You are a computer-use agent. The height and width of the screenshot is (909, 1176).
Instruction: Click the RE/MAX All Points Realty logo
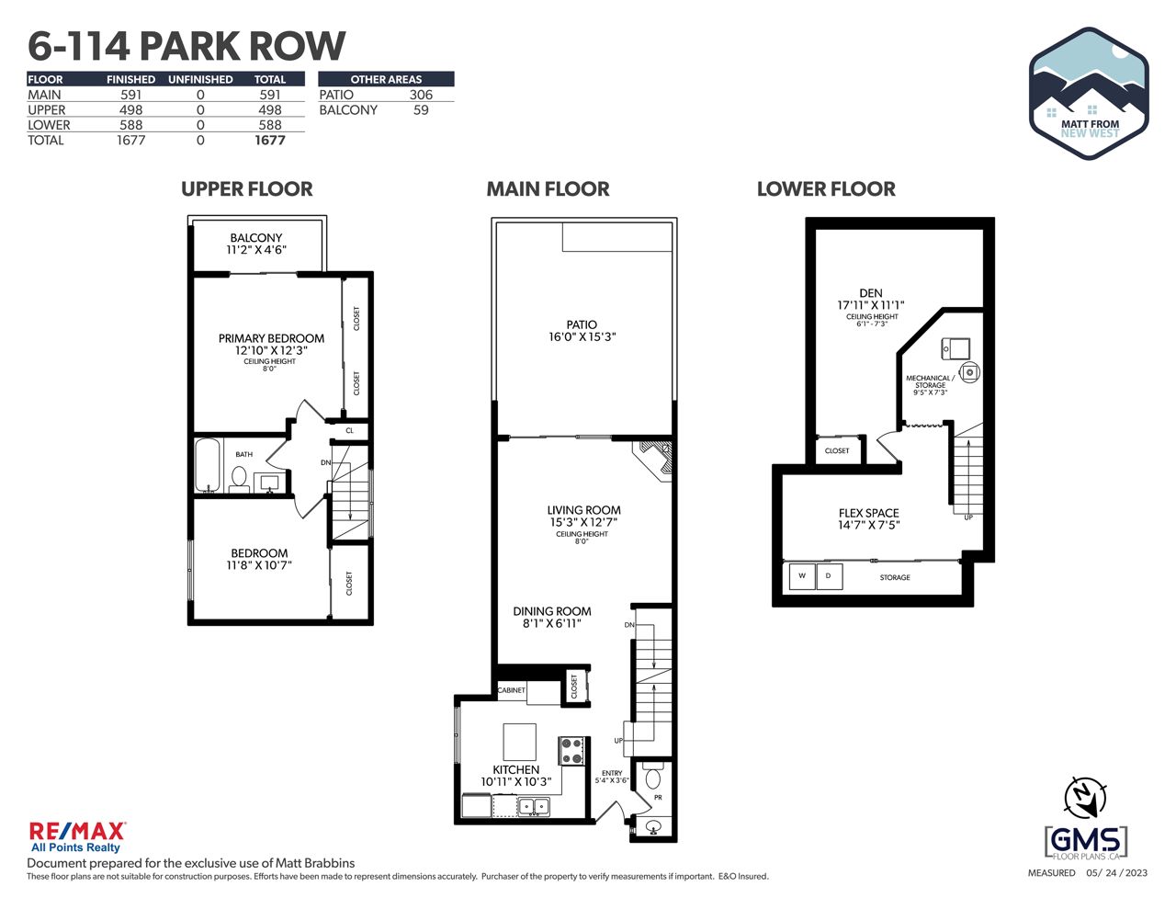tap(77, 836)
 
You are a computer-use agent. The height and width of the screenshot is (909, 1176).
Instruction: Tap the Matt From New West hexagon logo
tap(1089, 93)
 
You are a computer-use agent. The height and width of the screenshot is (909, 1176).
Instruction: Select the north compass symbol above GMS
tap(1084, 798)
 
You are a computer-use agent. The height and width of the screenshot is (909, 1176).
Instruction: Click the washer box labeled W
tap(801, 576)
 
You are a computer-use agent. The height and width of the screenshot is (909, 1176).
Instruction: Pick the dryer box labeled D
tap(829, 576)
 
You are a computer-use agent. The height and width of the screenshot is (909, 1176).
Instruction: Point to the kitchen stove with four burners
tap(571, 751)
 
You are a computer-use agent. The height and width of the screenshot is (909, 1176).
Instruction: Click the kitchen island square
tap(519, 742)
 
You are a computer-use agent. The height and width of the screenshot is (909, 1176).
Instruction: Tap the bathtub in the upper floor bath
tap(208, 464)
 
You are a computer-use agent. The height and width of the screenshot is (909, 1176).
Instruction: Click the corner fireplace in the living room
tap(658, 460)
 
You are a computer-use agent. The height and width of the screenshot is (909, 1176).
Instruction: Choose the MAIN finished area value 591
tap(131, 95)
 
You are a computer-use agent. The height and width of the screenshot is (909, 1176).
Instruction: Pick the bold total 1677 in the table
tap(269, 141)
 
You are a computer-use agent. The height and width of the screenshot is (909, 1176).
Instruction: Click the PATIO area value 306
tap(421, 95)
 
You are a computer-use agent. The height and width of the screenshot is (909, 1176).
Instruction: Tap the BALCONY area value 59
tap(421, 110)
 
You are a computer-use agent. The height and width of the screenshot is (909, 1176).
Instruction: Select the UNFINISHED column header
tap(200, 79)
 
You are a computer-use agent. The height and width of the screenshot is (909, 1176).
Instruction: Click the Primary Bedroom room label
tap(271, 338)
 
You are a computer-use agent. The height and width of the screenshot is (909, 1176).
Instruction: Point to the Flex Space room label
tap(868, 513)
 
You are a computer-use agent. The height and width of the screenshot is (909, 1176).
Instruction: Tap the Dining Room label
tap(552, 611)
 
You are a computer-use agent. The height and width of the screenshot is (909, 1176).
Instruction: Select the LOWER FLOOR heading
tap(826, 189)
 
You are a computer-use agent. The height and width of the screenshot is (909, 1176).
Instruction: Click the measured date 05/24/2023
tap(1116, 873)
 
